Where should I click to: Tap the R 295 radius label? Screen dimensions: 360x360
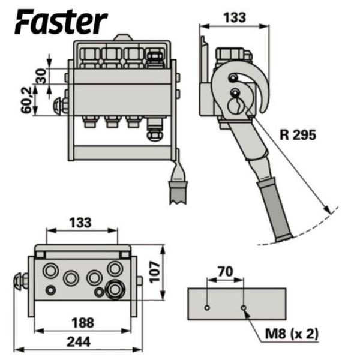coord(297,135)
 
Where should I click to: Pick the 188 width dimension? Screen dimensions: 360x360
coord(83,322)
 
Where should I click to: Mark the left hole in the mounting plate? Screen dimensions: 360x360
coord(206,308)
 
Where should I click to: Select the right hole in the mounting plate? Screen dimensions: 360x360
coord(244,308)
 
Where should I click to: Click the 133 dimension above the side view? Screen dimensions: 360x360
coord(233,18)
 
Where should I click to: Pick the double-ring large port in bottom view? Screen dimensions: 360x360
coord(115,290)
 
